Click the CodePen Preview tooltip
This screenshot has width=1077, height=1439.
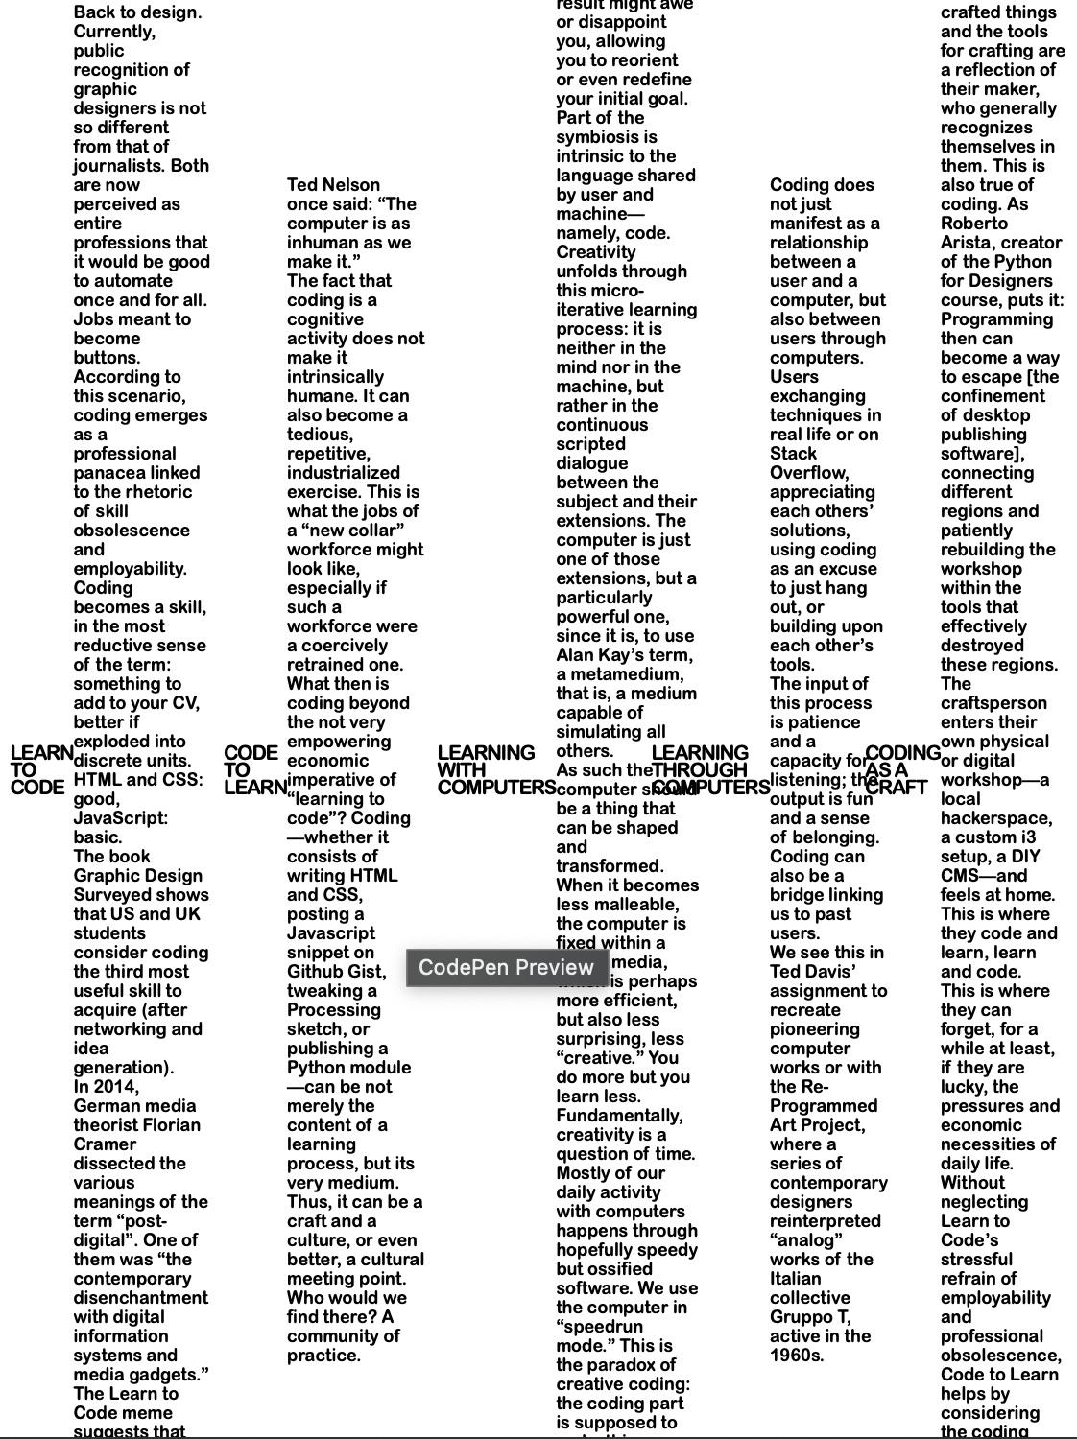506,967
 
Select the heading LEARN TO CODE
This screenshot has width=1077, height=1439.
41,769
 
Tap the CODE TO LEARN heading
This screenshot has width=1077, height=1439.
252,769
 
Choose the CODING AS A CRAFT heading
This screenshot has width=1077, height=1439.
900,769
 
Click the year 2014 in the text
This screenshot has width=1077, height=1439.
119,1087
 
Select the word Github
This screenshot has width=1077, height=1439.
316,972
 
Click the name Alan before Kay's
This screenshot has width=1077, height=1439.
578,655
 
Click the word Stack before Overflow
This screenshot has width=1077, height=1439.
793,454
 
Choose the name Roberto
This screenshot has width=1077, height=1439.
974,224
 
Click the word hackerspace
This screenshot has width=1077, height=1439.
995,818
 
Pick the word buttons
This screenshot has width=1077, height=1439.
107,358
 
